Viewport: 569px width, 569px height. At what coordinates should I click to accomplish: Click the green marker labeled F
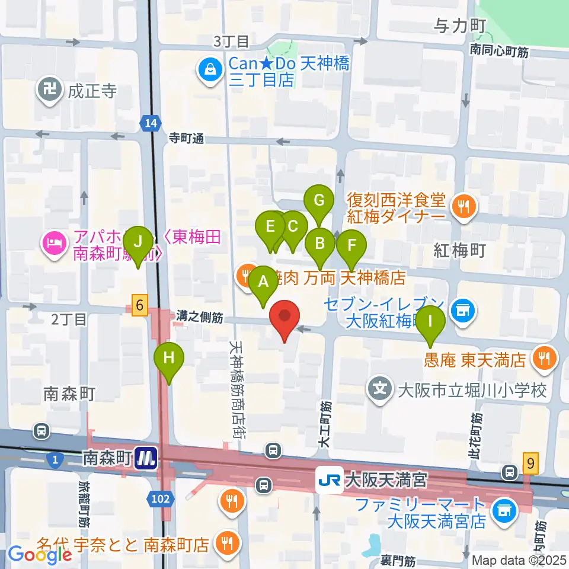tap(351, 245)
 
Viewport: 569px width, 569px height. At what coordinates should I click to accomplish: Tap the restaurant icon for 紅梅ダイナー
tap(462, 207)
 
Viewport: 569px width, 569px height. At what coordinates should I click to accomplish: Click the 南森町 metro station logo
tap(145, 458)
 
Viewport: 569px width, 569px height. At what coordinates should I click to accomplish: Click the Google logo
tap(40, 555)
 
